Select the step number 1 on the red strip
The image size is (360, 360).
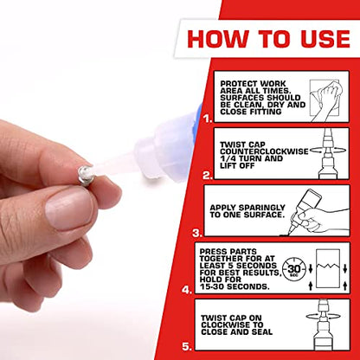click(x=202, y=111)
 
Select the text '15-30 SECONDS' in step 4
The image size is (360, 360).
click(x=246, y=286)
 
